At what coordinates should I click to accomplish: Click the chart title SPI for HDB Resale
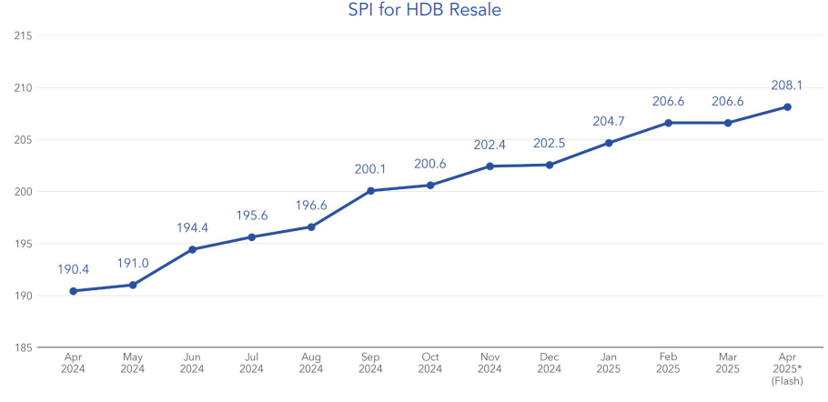(425, 11)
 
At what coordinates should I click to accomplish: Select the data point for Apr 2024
(73, 291)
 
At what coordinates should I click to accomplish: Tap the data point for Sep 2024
(370, 191)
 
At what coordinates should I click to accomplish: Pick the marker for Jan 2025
(609, 143)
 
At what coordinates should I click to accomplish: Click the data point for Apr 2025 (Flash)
(787, 106)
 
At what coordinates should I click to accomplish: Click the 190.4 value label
(73, 269)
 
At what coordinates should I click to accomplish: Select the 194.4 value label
(192, 227)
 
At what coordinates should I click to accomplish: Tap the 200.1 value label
(370, 169)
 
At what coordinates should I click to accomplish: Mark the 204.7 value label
(609, 121)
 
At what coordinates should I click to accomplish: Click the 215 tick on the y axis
(24, 35)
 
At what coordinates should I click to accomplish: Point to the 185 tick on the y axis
(24, 347)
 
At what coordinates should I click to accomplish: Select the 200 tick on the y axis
(24, 192)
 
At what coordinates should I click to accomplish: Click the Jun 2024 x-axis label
(192, 363)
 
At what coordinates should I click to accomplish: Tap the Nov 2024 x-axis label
(490, 363)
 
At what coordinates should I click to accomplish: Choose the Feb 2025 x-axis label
(668, 363)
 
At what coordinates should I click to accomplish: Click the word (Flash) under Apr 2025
(787, 380)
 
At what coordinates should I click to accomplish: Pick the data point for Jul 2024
(251, 236)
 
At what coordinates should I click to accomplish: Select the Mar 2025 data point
(728, 123)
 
